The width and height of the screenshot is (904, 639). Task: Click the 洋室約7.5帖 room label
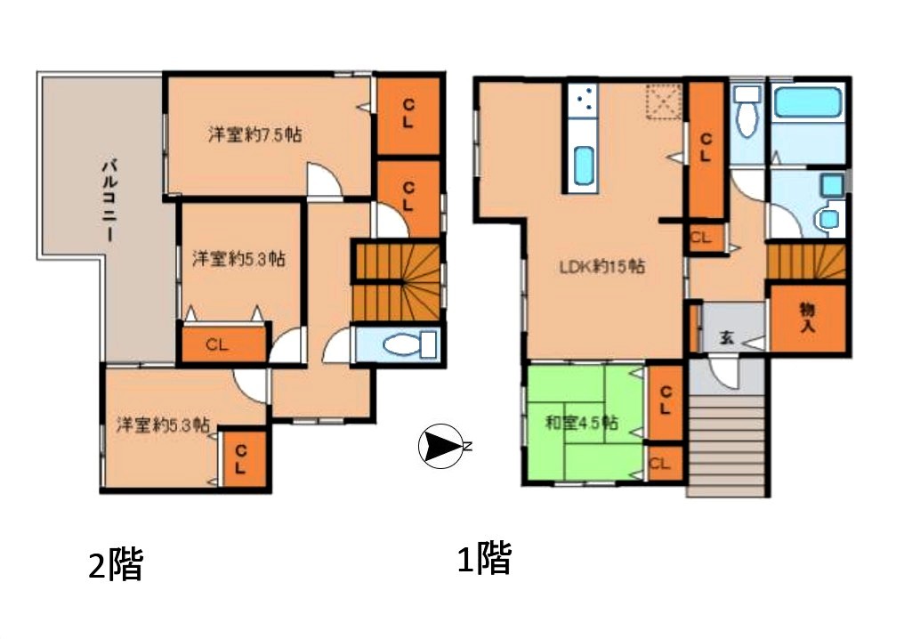(254, 135)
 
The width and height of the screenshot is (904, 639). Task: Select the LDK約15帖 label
(602, 266)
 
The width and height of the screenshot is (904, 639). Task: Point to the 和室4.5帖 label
(582, 423)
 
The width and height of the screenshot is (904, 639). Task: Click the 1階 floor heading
(484, 558)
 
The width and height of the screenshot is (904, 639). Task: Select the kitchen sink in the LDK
(584, 166)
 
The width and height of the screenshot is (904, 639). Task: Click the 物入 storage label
(807, 319)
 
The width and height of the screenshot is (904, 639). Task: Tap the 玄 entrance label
(726, 338)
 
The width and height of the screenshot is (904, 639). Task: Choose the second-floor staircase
(397, 281)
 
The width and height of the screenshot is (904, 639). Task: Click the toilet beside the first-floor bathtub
(747, 110)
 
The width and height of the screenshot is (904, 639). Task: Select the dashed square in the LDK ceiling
(664, 101)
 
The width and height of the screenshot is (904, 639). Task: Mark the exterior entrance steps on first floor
(728, 445)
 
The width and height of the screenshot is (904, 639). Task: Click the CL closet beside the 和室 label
(666, 400)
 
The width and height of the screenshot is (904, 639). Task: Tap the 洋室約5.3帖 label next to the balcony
(238, 258)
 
